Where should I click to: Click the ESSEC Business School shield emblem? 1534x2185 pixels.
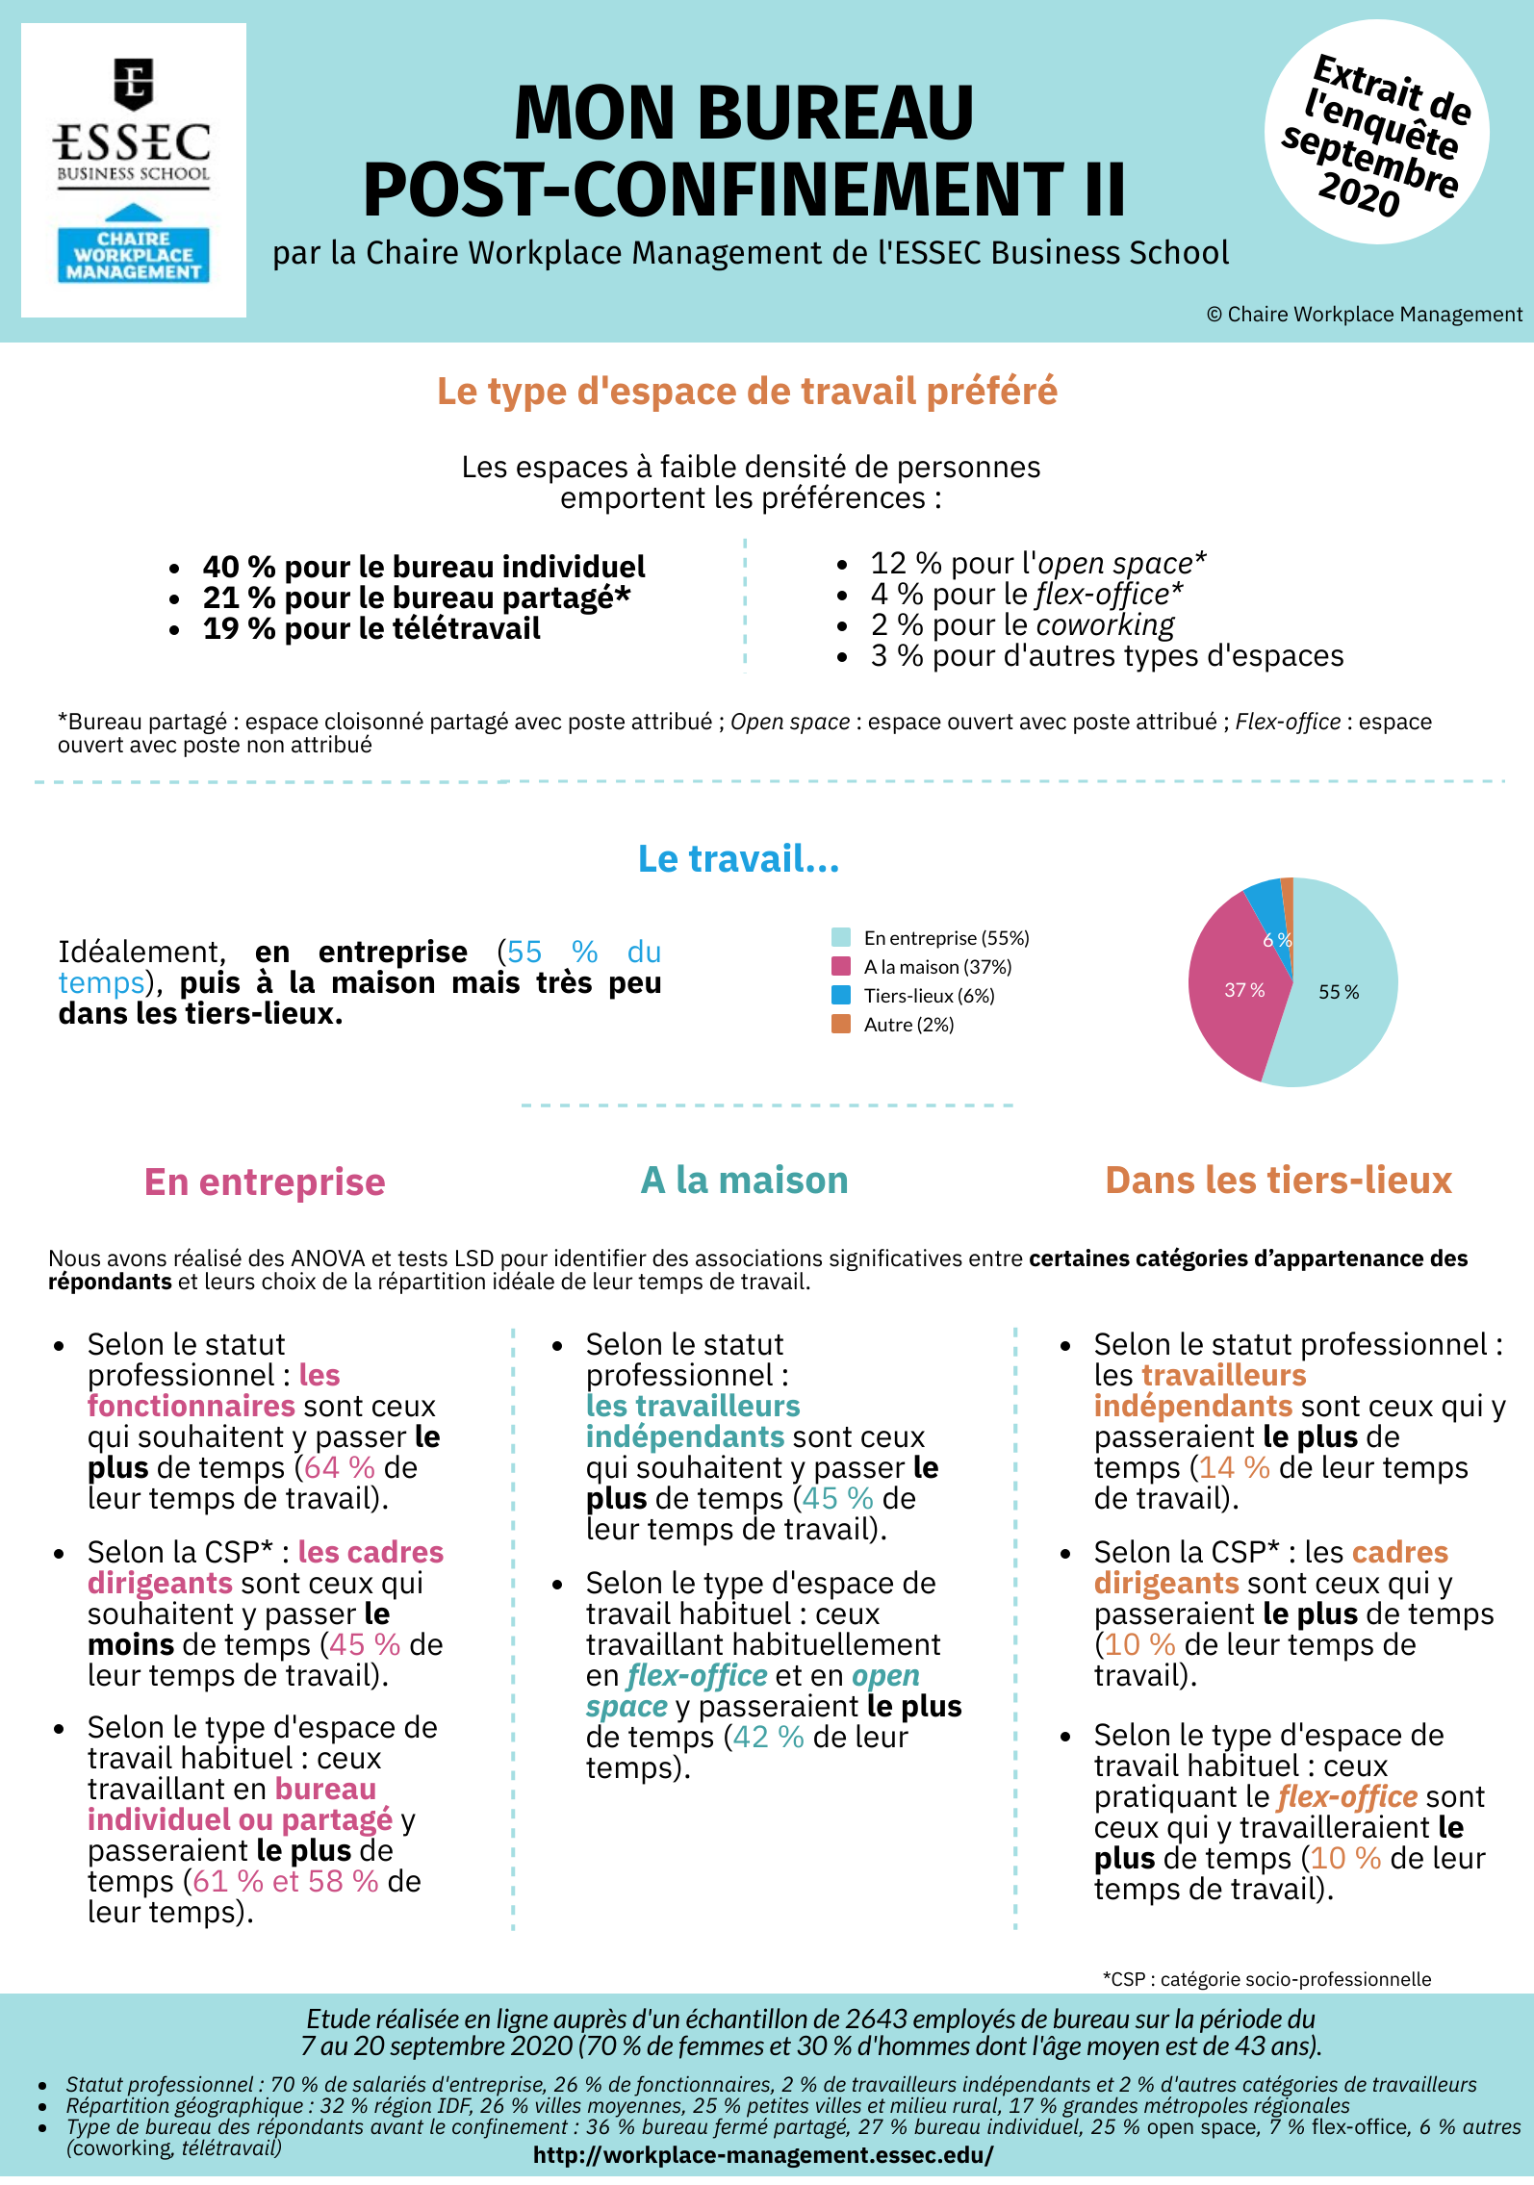133,83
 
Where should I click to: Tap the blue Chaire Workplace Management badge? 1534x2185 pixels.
133,255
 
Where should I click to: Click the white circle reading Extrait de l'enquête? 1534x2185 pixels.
1376,133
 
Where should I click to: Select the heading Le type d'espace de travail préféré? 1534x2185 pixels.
747,392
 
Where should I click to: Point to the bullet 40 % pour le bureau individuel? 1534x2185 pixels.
423,567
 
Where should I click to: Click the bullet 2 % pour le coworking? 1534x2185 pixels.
1022,625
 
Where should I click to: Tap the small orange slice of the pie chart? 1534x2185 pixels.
1288,890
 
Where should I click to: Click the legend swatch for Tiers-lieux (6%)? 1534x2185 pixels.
841,995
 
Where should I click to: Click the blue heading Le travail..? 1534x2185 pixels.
738,858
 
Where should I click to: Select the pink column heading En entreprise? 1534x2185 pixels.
265,1181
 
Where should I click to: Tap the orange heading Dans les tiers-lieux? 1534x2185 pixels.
1278,1181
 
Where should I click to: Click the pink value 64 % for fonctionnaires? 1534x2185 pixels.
339,1467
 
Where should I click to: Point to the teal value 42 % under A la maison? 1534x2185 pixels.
768,1737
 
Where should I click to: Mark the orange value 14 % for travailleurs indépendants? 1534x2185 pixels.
1234,1467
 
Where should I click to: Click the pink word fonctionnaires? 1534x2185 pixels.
191,1406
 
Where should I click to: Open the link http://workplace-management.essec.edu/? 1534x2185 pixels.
763,2155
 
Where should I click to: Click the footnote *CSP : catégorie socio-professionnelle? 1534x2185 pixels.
1266,1979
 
